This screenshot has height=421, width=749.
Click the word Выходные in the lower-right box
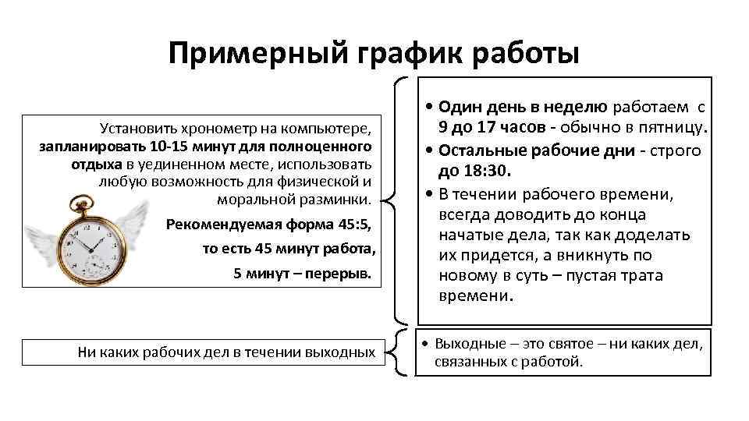(x=464, y=343)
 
